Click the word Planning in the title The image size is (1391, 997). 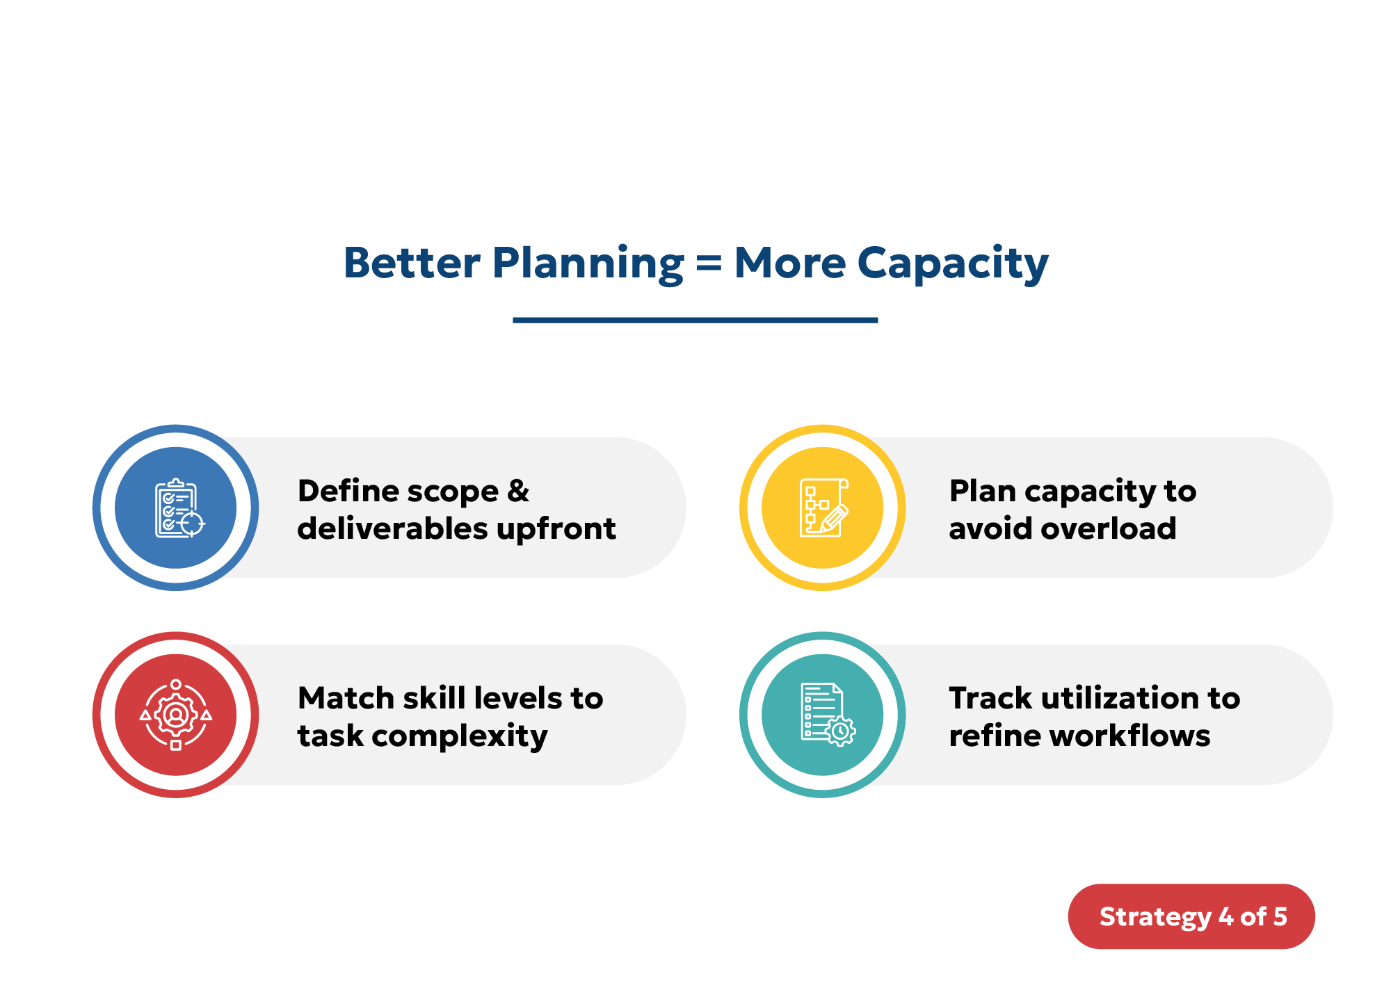[x=588, y=264]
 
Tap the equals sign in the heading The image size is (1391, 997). [x=709, y=264]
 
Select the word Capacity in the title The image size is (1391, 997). [x=952, y=264]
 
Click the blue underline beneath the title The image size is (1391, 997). [x=695, y=320]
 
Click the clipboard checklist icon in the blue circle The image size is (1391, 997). [x=177, y=508]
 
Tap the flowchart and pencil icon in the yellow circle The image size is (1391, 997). [x=823, y=508]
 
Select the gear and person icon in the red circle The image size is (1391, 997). [x=176, y=715]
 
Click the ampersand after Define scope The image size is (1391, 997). [x=517, y=491]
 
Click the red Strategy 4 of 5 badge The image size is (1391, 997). [x=1191, y=916]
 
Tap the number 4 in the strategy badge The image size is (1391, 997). [x=1225, y=916]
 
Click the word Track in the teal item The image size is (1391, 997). [x=990, y=698]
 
